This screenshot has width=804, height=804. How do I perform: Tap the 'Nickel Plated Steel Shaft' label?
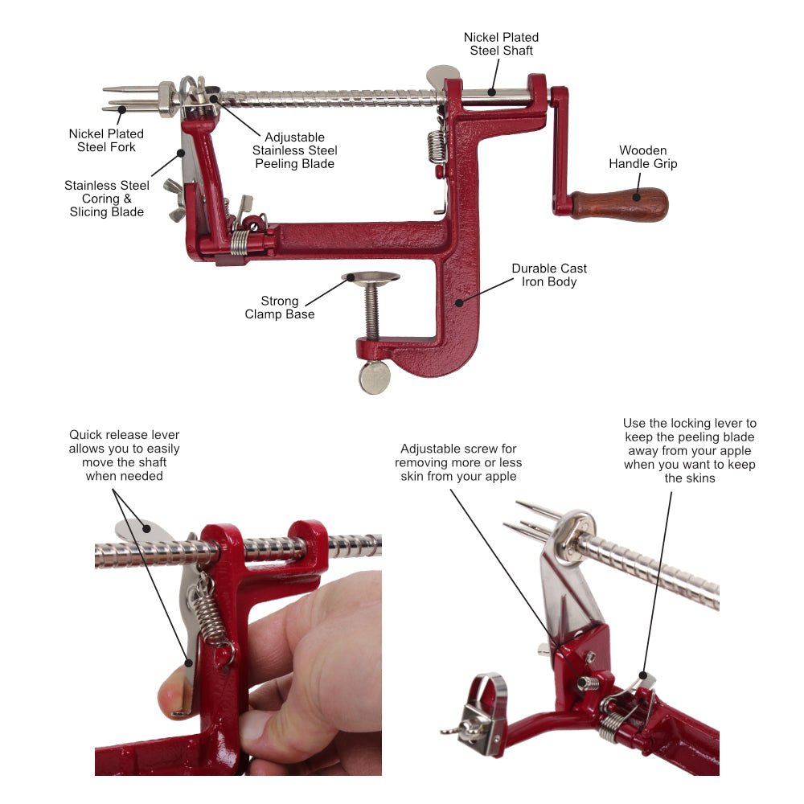coord(501,44)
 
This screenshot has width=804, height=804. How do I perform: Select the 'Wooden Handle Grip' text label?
coord(642,157)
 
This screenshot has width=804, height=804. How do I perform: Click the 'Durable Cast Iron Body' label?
coord(549,275)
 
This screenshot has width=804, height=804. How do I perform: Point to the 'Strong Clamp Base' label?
coord(279,307)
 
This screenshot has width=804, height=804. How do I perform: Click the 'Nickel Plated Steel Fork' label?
coord(106,140)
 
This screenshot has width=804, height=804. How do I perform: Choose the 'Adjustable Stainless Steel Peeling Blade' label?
coord(294,150)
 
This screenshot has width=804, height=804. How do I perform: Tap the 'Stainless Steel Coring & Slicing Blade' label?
coord(106,199)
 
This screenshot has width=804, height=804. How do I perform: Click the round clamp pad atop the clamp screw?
coord(371,278)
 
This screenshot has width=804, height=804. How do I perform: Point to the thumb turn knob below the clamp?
coord(375,377)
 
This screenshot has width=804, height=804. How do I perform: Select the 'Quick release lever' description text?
coord(124,455)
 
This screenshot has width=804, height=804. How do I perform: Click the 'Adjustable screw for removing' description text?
coord(458,462)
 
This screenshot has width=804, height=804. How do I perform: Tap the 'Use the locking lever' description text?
coord(689,450)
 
